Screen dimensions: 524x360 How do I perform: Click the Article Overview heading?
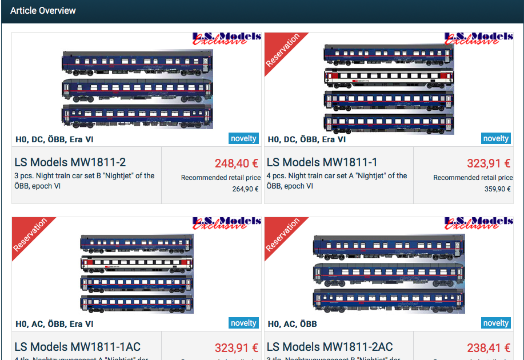[x=43, y=11]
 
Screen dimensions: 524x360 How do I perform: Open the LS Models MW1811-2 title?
[x=70, y=163]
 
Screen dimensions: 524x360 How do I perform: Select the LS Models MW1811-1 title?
[x=322, y=163]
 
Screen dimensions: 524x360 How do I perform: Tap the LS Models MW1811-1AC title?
[x=78, y=347]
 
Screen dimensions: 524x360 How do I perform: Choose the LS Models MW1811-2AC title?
[x=330, y=347]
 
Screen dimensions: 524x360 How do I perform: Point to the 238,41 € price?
[x=489, y=348]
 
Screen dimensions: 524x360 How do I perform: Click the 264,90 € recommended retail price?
[x=245, y=189]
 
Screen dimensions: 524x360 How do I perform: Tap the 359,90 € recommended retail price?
[x=497, y=189]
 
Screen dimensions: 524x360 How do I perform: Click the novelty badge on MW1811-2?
[x=243, y=138]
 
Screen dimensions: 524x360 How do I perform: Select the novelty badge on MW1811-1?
[x=495, y=138]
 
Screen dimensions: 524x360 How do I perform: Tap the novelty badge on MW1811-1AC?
[x=243, y=323]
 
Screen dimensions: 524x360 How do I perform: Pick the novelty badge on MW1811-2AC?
[x=495, y=323]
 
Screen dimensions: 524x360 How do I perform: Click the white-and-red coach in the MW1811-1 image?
[x=389, y=77]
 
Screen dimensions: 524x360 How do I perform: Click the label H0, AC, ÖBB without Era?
[x=292, y=324]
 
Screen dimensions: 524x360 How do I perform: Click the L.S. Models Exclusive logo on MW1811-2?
[x=226, y=38]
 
